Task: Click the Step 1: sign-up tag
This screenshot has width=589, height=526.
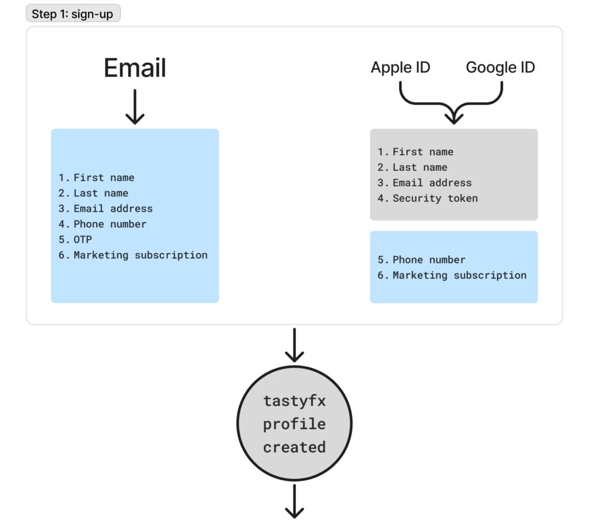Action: [73, 14]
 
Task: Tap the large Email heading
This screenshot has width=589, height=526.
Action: [135, 68]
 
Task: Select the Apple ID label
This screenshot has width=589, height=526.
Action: [400, 68]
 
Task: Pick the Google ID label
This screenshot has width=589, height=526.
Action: [500, 68]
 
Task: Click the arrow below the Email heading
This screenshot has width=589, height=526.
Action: [135, 106]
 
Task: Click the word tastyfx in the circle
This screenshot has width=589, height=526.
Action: [294, 401]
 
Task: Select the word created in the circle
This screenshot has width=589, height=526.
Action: [294, 447]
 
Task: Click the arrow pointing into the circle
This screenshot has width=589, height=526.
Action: [294, 345]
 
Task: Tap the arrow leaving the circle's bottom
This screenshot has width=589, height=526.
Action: [294, 501]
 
